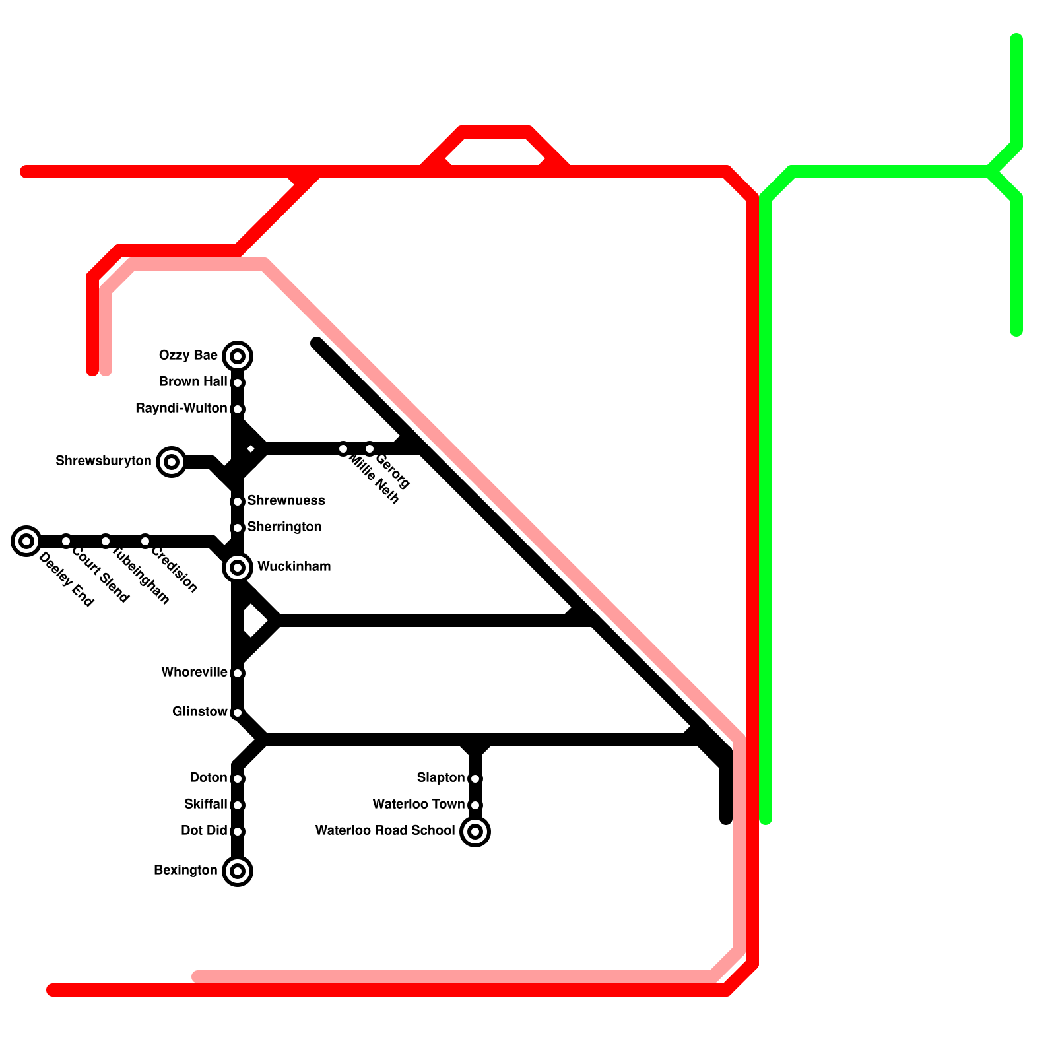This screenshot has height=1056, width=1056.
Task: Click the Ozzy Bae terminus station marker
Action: click(238, 356)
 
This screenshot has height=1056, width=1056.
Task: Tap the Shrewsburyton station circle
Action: click(172, 462)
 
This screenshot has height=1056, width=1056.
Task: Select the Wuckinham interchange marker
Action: click(238, 568)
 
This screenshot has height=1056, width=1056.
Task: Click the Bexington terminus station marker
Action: click(238, 871)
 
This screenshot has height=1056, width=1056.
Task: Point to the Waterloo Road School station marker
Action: click(475, 832)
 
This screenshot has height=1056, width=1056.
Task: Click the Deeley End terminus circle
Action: click(26, 541)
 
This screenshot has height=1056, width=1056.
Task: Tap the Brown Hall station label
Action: click(193, 382)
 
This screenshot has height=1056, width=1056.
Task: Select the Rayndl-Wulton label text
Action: click(181, 409)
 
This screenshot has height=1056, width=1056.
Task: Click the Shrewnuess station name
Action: click(286, 501)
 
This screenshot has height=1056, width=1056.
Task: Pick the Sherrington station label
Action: click(284, 527)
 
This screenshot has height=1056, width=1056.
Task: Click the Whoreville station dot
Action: click(238, 673)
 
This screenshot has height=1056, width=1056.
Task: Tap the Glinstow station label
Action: click(199, 712)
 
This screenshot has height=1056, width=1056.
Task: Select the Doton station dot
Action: click(238, 779)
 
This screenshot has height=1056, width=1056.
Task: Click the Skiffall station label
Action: click(205, 805)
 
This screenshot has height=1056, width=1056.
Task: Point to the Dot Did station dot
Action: click(238, 832)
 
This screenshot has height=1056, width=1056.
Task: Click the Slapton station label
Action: click(440, 778)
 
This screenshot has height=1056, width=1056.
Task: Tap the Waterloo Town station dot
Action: click(475, 805)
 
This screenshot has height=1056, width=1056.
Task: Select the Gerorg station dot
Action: click(370, 449)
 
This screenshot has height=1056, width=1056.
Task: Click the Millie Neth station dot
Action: click(343, 449)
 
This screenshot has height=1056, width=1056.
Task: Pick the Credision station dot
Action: click(145, 541)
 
